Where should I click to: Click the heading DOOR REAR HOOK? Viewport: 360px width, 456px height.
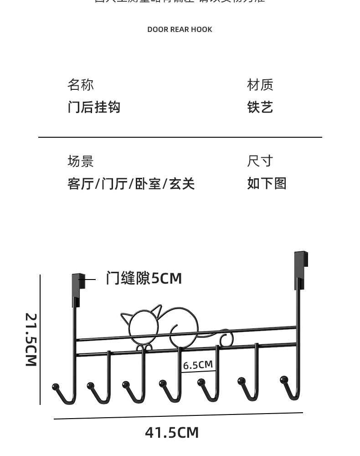(x=180, y=30)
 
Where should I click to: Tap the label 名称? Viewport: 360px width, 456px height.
(x=81, y=85)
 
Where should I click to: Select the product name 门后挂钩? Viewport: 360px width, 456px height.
(x=94, y=108)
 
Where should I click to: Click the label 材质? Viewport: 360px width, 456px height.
(x=260, y=85)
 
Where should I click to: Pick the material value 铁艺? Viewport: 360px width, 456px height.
(x=260, y=108)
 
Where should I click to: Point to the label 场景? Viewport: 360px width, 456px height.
(x=81, y=161)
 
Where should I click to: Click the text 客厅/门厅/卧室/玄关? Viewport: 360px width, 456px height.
(x=131, y=184)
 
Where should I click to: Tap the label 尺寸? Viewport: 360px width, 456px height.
(x=260, y=161)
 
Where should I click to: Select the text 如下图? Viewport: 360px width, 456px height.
(x=267, y=183)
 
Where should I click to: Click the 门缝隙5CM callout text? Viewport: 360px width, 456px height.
(x=144, y=278)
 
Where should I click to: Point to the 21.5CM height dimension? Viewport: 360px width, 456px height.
(x=31, y=340)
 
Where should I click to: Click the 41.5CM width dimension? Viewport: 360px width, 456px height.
(x=172, y=432)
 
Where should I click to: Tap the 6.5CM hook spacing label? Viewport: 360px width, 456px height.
(x=198, y=365)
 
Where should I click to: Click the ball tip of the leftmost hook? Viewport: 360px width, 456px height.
(x=56, y=387)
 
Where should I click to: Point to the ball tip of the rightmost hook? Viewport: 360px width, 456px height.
(x=284, y=379)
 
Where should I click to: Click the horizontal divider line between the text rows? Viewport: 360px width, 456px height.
(x=180, y=137)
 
